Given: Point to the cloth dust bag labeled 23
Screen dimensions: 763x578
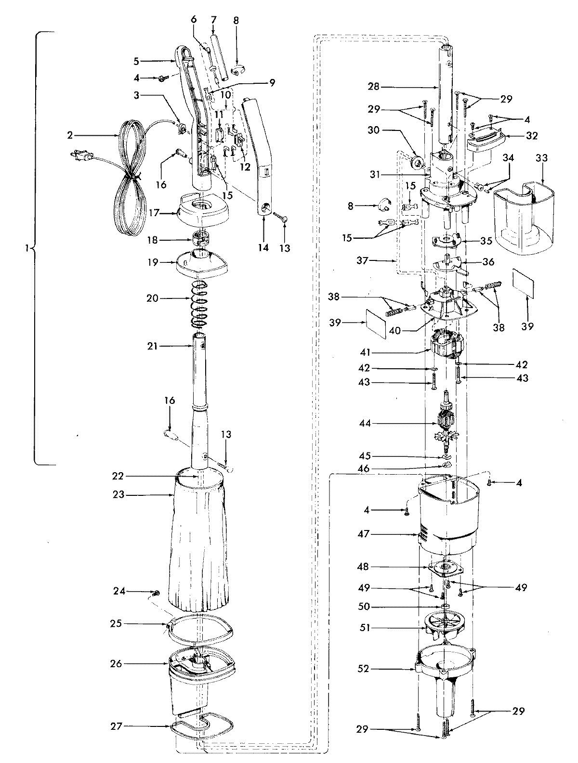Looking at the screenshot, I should point(197,544).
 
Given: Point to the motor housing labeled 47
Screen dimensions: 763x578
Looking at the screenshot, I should point(448,520).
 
